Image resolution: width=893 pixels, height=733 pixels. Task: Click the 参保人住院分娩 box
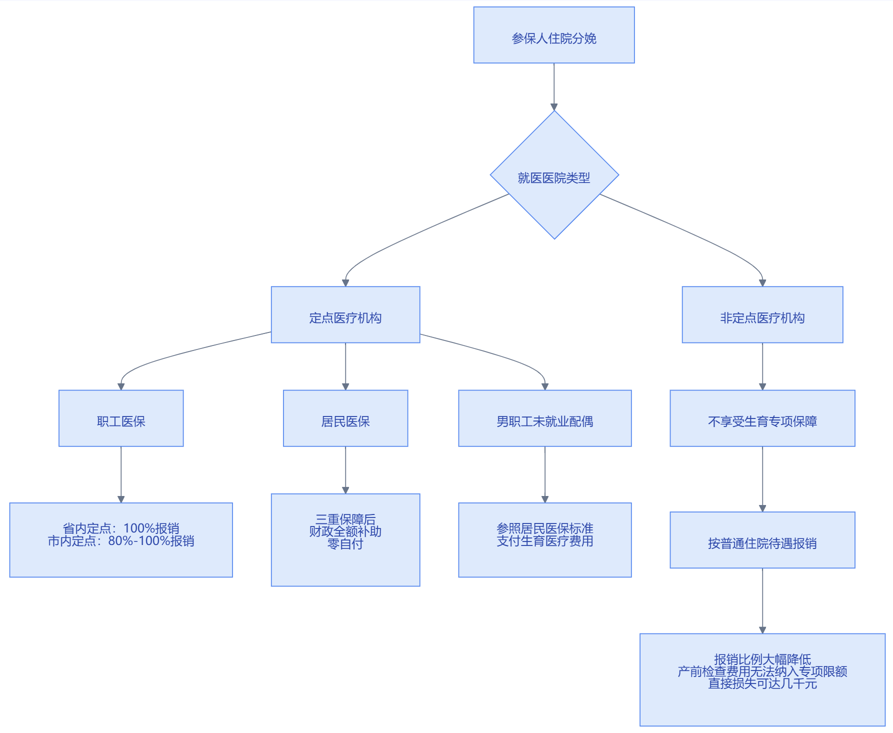click(554, 35)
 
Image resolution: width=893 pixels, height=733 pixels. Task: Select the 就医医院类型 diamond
click(554, 175)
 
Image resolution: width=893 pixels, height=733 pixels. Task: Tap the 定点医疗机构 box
click(345, 314)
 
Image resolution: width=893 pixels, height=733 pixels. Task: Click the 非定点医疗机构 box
click(762, 314)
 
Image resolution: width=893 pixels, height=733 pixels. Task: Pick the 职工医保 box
click(121, 418)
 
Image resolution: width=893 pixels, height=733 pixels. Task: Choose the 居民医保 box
click(345, 418)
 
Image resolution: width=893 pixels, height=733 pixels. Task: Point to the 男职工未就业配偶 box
click(545, 418)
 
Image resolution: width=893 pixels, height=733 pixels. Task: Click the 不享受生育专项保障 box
click(762, 418)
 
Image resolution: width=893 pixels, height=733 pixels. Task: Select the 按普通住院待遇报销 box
click(762, 540)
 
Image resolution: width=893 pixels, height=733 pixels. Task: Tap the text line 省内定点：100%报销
click(121, 528)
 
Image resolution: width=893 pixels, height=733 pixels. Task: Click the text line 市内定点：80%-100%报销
click(121, 541)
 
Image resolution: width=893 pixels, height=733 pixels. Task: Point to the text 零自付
click(345, 544)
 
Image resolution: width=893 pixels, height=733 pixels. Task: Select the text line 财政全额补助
click(345, 531)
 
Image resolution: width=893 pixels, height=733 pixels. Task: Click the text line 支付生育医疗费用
click(545, 541)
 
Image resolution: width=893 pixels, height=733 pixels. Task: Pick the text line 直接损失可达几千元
click(762, 683)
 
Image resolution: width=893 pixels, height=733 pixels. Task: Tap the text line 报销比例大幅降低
click(762, 659)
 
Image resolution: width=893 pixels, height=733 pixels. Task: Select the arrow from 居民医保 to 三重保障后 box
click(345, 470)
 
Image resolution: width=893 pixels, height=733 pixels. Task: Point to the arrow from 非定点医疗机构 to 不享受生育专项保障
click(762, 366)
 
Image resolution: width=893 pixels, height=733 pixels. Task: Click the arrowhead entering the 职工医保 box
click(121, 386)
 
